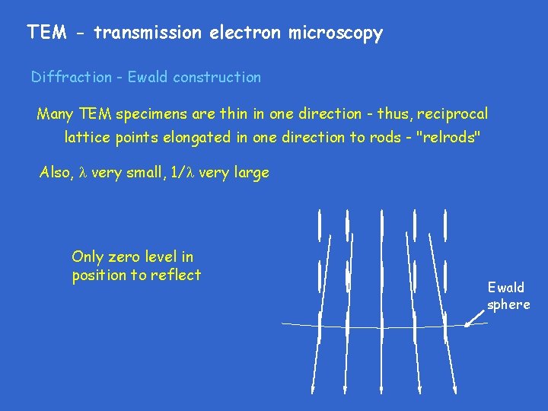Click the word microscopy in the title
(335, 33)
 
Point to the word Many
(55, 114)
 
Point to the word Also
(55, 173)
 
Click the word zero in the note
(122, 257)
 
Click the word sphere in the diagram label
(508, 304)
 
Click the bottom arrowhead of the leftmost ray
(313, 388)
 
